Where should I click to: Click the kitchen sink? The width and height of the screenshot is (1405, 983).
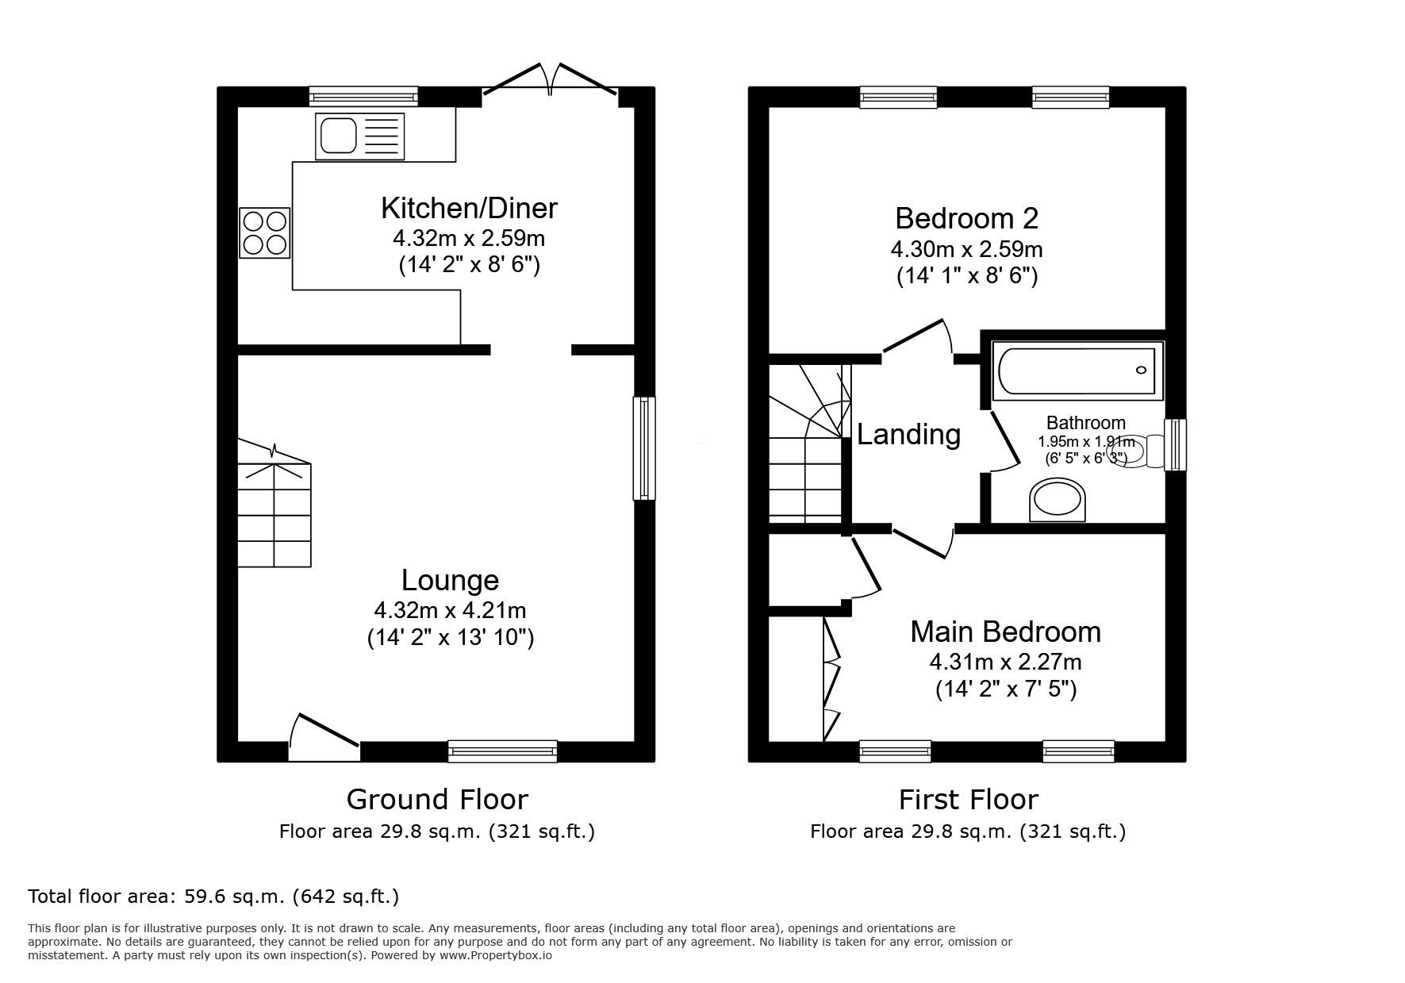pyautogui.click(x=359, y=136)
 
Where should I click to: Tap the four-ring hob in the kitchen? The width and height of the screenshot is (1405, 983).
pyautogui.click(x=265, y=232)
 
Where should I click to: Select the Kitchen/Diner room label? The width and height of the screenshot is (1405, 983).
pyautogui.click(x=469, y=208)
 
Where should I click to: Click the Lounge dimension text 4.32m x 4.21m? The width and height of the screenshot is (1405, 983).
pyautogui.click(x=450, y=610)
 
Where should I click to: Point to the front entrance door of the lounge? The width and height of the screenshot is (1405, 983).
pyautogui.click(x=324, y=736)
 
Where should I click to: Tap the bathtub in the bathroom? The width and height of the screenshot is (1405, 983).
pyautogui.click(x=1077, y=371)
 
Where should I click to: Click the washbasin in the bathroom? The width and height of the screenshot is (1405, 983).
pyautogui.click(x=1057, y=500)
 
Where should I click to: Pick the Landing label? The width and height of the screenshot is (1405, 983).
pyautogui.click(x=908, y=434)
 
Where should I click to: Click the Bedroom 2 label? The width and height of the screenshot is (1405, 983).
pyautogui.click(x=966, y=217)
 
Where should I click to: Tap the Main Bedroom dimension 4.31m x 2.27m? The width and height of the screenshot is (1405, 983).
pyautogui.click(x=1005, y=661)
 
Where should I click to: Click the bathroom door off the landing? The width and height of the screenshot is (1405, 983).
pyautogui.click(x=1001, y=441)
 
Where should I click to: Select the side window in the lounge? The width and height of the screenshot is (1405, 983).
pyautogui.click(x=644, y=448)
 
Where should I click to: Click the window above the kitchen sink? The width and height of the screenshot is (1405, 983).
pyautogui.click(x=363, y=96)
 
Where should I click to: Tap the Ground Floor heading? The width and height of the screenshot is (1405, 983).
pyautogui.click(x=437, y=798)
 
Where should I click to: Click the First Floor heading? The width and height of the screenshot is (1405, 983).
pyautogui.click(x=968, y=798)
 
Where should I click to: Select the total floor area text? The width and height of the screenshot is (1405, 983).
pyautogui.click(x=213, y=897)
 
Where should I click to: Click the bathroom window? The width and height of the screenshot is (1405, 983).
pyautogui.click(x=1175, y=445)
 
